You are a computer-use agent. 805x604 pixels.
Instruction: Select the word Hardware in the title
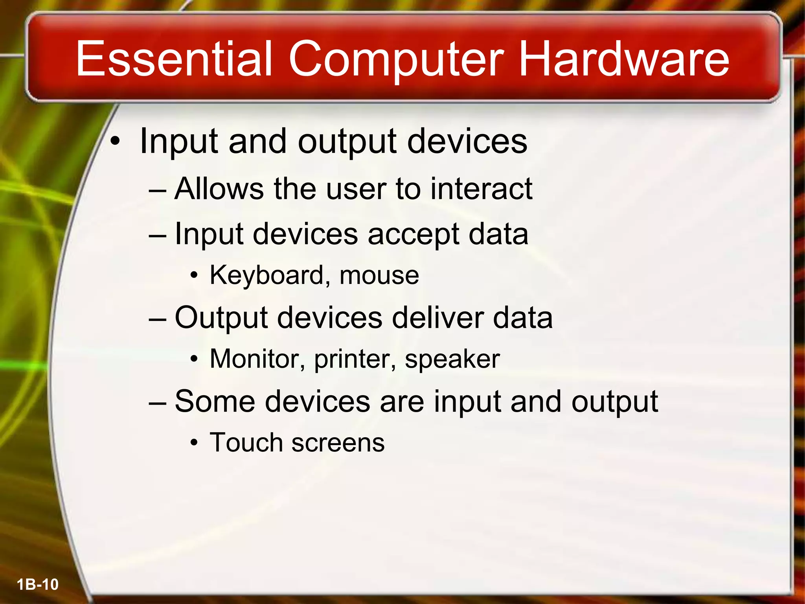tap(624, 59)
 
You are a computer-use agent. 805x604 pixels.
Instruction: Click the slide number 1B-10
tap(38, 584)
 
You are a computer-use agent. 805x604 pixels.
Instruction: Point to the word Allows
tap(219, 189)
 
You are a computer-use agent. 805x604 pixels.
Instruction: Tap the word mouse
tap(379, 275)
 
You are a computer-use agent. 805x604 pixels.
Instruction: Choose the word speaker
tap(452, 359)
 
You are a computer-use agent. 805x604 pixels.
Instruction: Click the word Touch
tap(246, 442)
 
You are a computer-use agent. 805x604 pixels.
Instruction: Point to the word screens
tap(338, 443)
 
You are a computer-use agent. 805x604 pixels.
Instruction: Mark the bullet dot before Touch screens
tap(193, 443)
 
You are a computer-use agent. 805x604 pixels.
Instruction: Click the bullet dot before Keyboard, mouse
tap(193, 276)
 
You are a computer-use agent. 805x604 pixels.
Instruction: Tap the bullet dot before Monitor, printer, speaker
tap(193, 359)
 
